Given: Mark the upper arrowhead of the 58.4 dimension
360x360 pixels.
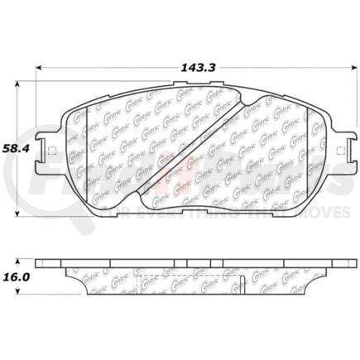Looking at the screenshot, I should pos(19,84).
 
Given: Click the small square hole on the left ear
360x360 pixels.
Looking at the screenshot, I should pos(50,151).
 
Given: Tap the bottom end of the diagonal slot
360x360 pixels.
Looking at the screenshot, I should pos(142,202).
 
